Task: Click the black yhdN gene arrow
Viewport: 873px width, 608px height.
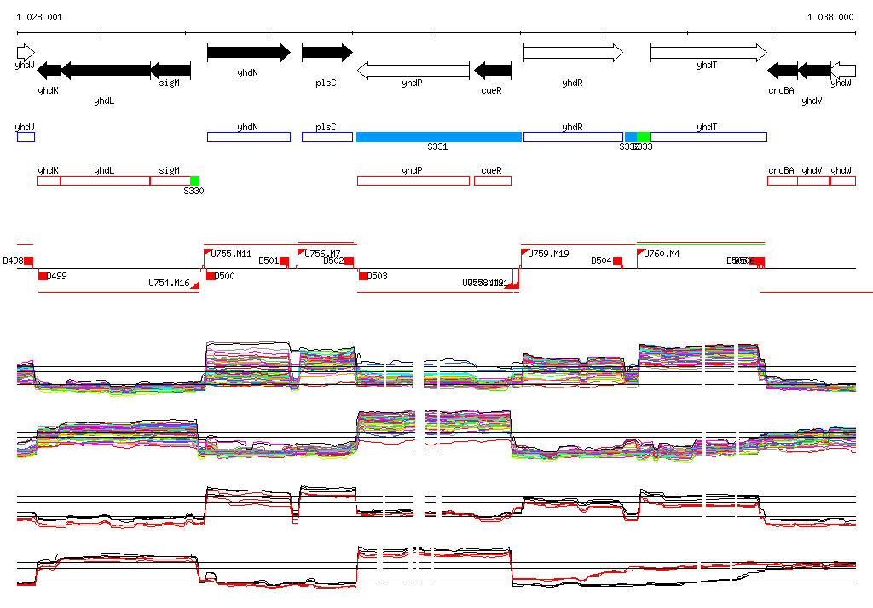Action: pos(248,53)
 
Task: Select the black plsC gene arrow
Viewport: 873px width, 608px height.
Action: pos(327,53)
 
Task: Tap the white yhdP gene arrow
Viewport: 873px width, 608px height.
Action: pos(413,70)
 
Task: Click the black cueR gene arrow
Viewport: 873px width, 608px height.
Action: pos(492,70)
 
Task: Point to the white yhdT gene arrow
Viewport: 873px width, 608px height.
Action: pos(708,53)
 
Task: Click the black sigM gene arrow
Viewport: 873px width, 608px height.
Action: pos(171,70)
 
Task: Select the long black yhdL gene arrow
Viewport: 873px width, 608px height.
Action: pos(106,70)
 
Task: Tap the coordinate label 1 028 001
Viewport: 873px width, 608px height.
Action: pos(38,17)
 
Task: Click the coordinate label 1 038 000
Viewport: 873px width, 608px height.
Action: pos(830,17)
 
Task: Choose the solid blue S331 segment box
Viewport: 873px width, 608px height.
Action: pos(438,137)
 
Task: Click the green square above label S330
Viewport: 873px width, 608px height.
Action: pos(195,181)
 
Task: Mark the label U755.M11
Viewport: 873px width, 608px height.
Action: pos(231,254)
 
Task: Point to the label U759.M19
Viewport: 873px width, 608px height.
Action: pos(548,254)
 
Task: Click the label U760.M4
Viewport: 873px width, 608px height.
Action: pos(662,254)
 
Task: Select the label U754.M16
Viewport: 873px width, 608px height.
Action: pos(169,283)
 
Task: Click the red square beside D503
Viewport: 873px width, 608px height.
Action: pos(363,276)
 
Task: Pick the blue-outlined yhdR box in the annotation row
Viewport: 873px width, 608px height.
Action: pos(573,137)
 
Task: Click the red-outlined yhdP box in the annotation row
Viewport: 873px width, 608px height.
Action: pos(413,181)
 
